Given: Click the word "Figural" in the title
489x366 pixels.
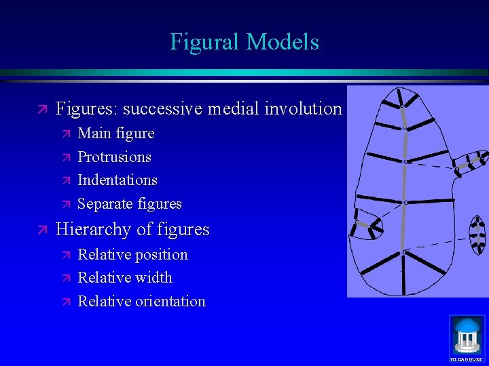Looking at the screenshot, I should coord(204,42).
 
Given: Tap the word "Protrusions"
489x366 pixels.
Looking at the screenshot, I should coord(114,157).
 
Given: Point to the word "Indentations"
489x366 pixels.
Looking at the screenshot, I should coord(117,180).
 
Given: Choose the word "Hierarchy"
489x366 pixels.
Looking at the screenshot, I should coord(93,230).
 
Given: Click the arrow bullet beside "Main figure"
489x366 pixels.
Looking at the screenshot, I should coord(66,134).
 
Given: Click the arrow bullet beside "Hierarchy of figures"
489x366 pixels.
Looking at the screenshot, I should coord(42,230).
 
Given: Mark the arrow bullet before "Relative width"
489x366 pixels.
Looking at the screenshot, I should coord(66,278).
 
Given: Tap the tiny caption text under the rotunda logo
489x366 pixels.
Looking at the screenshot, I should coord(467,359).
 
